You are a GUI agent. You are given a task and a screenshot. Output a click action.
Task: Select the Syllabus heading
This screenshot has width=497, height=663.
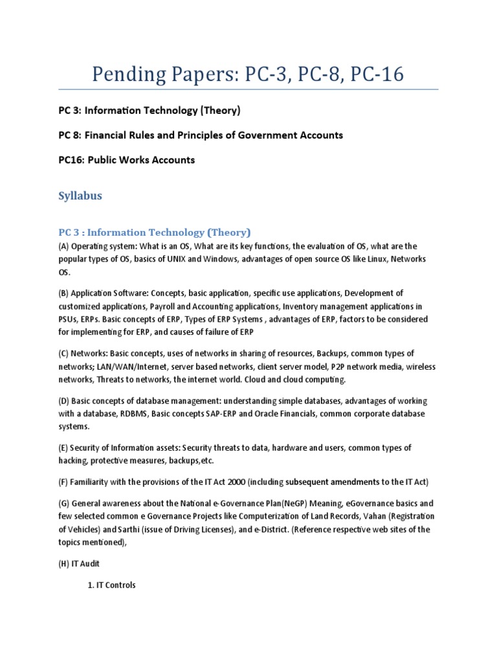click(80, 196)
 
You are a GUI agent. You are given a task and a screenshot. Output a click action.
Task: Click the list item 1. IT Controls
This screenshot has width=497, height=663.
click(111, 585)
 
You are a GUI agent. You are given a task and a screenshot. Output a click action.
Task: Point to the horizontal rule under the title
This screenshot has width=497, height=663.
click(248, 90)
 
